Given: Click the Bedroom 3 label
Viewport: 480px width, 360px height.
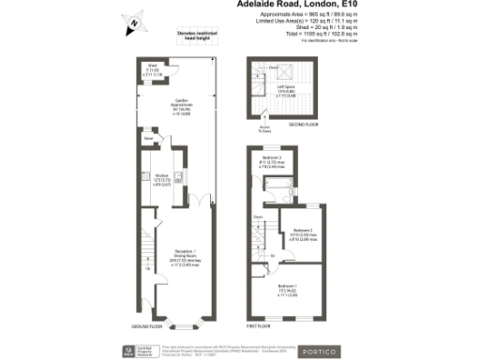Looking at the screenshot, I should coord(273,159).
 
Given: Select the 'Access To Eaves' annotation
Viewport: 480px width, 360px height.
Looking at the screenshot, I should coord(265,127).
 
